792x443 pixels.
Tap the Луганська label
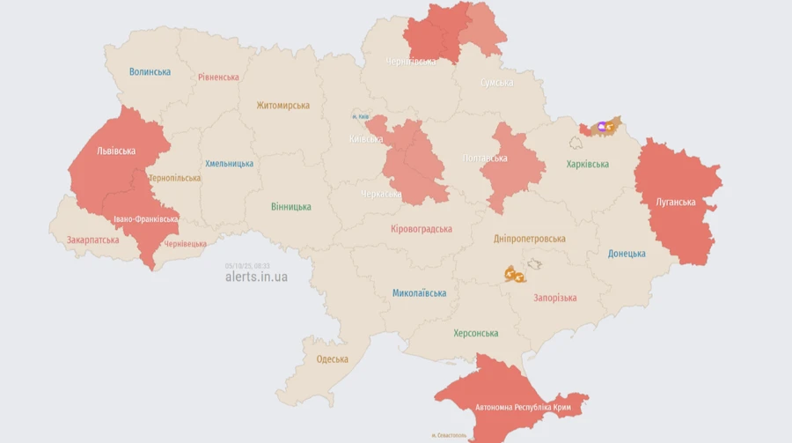[x=676, y=202]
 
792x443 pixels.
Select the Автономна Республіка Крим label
[x=531, y=407]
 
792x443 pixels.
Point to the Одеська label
[x=332, y=359]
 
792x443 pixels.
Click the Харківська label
[x=588, y=164]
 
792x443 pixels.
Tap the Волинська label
[x=150, y=71]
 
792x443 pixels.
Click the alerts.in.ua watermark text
[x=256, y=277]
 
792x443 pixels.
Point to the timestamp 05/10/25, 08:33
[x=247, y=264]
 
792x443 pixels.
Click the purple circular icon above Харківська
[x=602, y=127]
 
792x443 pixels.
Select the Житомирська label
[x=282, y=106]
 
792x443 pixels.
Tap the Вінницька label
[x=290, y=207]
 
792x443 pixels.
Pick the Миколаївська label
[x=419, y=293]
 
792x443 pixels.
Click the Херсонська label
[x=475, y=333]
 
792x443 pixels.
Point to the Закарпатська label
[x=92, y=240]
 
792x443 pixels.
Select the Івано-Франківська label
[x=146, y=219]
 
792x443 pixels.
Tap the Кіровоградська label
[x=422, y=229]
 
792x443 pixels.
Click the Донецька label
[x=627, y=254]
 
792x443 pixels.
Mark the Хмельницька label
[x=229, y=164]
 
